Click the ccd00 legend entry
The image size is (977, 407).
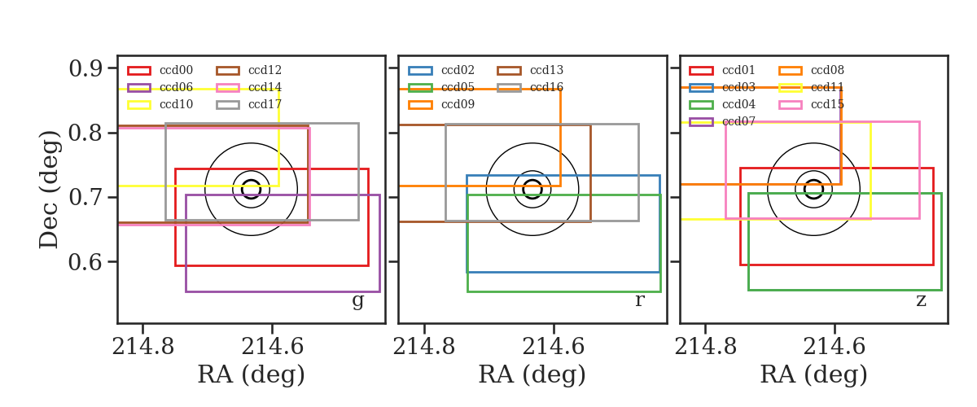coord(160,70)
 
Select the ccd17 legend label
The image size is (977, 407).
coord(265,105)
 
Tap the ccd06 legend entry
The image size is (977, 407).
coord(160,88)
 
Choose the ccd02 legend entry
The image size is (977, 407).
coord(441,70)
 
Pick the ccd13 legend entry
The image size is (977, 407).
coord(530,70)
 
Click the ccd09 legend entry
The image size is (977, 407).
coord(441,105)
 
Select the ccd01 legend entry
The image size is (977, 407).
coord(722,70)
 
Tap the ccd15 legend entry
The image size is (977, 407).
coord(811,105)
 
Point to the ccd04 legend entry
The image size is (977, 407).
coord(722,105)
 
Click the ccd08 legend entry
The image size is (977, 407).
coord(811,70)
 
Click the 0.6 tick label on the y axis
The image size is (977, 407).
coord(85,262)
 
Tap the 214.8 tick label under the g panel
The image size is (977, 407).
coord(143,347)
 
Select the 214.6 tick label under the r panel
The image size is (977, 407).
coord(553,347)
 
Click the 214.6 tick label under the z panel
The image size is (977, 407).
coord(834,347)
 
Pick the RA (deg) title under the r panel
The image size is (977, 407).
coord(532,374)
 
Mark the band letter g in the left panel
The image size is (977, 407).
coord(357,300)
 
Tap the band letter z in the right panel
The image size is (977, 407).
coord(921,300)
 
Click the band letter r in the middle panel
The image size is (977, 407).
coord(639,300)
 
